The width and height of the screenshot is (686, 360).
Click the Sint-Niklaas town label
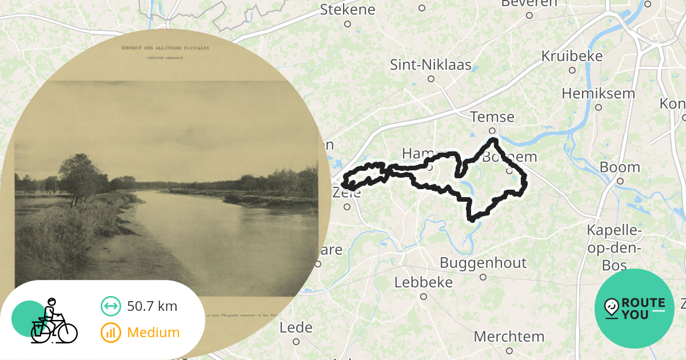point(430,65)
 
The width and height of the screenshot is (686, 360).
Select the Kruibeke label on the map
point(572,56)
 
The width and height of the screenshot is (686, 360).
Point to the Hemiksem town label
point(598,93)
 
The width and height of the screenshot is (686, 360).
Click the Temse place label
point(492,117)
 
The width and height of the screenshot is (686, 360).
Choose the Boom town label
point(620,167)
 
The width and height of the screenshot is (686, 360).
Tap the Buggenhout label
point(482,263)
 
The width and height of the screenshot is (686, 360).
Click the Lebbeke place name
point(423,282)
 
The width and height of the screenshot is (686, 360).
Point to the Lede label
point(296,327)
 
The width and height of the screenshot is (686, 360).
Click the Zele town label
point(346,193)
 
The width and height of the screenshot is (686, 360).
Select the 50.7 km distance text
point(152,306)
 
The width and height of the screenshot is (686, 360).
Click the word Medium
point(153,333)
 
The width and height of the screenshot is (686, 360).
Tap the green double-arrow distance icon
point(111,306)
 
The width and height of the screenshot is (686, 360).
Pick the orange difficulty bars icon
point(111,333)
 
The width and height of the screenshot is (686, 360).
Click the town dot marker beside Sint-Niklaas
point(431,79)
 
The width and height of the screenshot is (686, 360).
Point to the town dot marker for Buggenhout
point(483,277)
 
